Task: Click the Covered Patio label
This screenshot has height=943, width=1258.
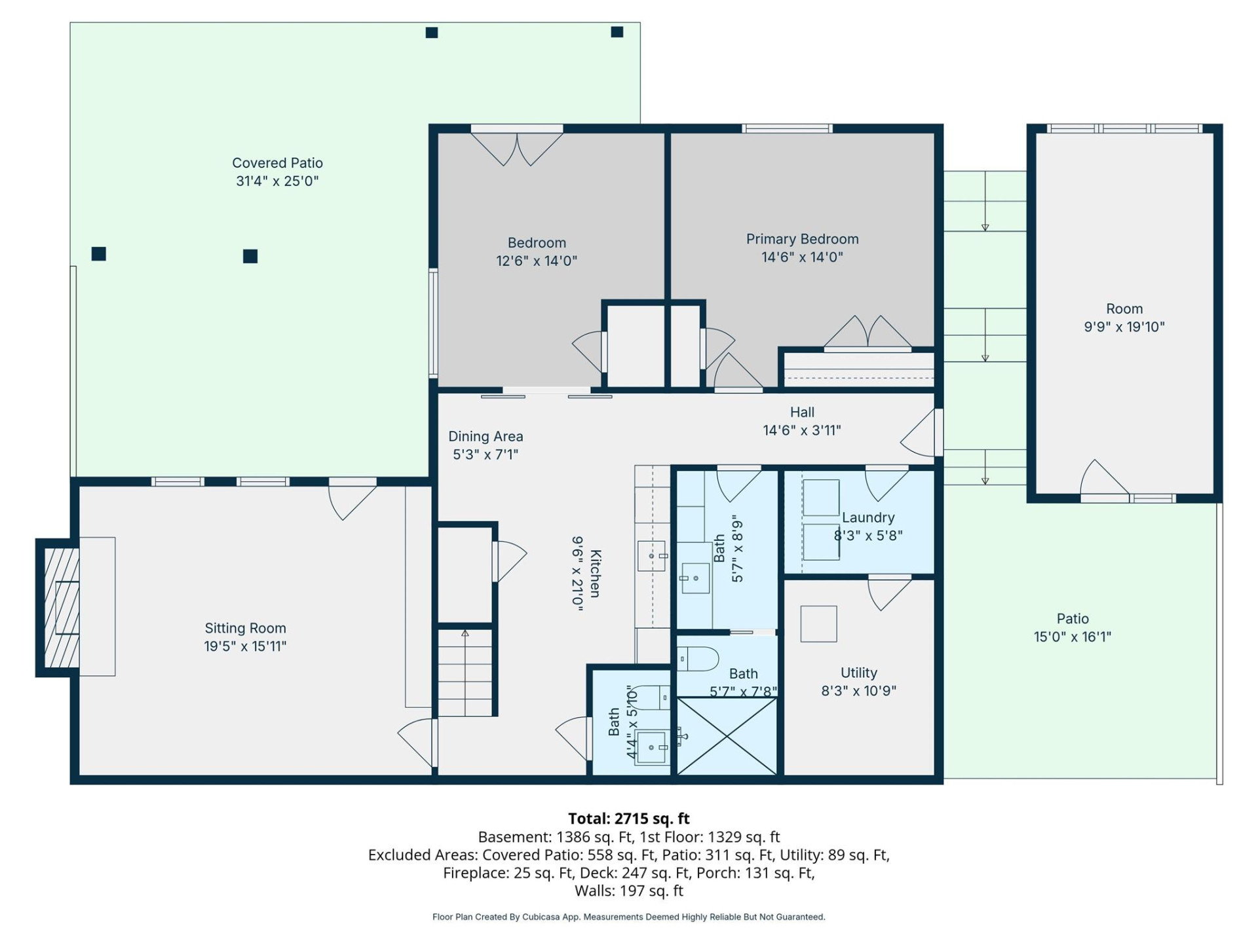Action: pos(277,163)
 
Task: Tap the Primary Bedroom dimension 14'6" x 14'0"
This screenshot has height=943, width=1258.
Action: pos(802,257)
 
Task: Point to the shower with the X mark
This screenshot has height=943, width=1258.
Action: pos(727,737)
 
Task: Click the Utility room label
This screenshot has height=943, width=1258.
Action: pos(858,673)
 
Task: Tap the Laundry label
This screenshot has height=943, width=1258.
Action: pos(868,518)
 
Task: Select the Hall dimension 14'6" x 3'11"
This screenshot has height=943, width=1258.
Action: pos(802,430)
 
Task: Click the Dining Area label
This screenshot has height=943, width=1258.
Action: pos(486,437)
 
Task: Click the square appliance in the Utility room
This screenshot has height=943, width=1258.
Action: pos(818,624)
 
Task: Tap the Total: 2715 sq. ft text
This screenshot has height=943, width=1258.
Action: pos(628,819)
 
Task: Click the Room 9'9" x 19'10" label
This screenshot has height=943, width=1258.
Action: pos(1124,318)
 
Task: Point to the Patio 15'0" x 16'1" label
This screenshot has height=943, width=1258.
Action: pos(1073,628)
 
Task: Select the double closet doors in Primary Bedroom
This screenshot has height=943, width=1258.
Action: pos(867,333)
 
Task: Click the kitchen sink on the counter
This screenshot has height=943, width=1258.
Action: pos(651,556)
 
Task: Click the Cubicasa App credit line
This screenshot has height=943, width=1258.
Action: pos(628,917)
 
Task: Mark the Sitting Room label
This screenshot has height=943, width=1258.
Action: pos(245,629)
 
